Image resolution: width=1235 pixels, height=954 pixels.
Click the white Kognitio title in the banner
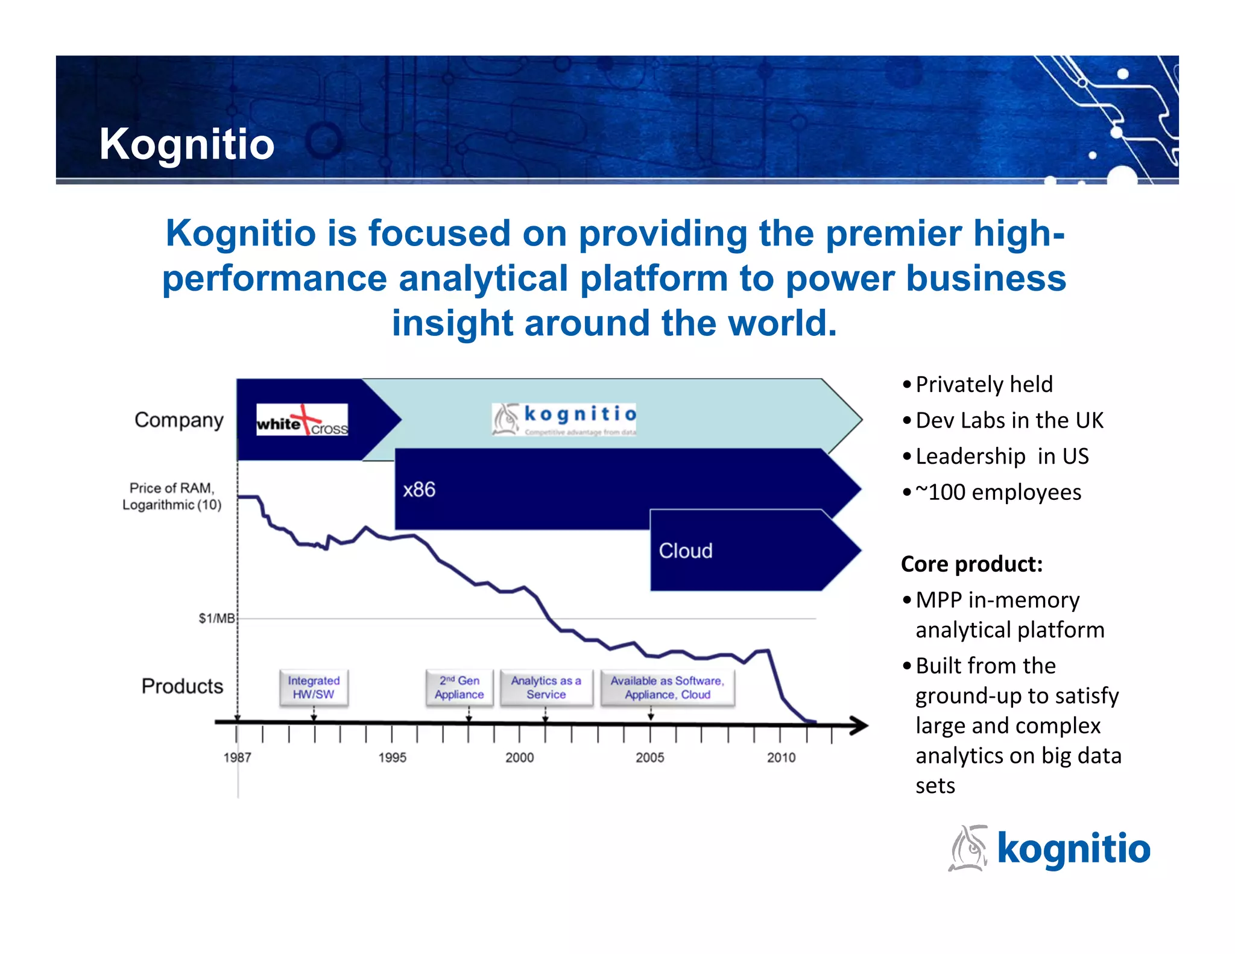pyautogui.click(x=186, y=145)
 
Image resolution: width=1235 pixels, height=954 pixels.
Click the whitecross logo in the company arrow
pyautogui.click(x=302, y=420)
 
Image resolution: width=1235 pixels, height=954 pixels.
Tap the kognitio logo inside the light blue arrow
pyautogui.click(x=564, y=419)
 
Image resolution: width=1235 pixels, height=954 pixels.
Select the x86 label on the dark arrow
pyautogui.click(x=419, y=490)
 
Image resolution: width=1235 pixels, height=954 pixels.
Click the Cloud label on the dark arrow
pyautogui.click(x=686, y=551)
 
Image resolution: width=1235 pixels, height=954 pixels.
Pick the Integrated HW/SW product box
pyautogui.click(x=314, y=687)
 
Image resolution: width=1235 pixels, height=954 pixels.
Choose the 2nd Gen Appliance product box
pyautogui.click(x=459, y=687)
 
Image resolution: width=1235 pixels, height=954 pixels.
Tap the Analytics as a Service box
pyautogui.click(x=546, y=687)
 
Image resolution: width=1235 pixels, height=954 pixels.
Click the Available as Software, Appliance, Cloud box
pyautogui.click(x=668, y=687)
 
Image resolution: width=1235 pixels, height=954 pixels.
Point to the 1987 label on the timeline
pyautogui.click(x=237, y=757)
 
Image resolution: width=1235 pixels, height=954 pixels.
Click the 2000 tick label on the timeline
pyautogui.click(x=519, y=757)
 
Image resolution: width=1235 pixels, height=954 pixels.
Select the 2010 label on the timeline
pyautogui.click(x=781, y=757)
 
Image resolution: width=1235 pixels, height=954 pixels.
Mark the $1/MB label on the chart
pyautogui.click(x=216, y=618)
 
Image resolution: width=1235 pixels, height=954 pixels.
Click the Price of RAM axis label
pyautogui.click(x=172, y=496)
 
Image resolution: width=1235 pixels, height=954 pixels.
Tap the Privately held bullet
pyautogui.click(x=984, y=384)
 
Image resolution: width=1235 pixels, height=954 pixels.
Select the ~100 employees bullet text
pyautogui.click(x=998, y=492)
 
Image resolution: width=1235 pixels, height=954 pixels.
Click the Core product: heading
pyautogui.click(x=971, y=564)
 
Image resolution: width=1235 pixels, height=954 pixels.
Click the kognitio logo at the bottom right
pyautogui.click(x=1049, y=848)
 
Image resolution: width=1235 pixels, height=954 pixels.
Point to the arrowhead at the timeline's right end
pyautogui.click(x=859, y=725)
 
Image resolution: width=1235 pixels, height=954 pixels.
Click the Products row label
pyautogui.click(x=182, y=686)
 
